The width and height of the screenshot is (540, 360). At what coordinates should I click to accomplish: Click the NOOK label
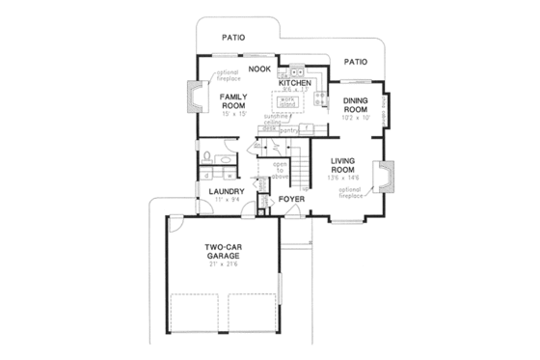258,69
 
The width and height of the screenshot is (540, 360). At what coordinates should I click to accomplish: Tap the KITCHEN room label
295,84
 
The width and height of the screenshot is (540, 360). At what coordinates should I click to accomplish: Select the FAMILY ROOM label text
233,102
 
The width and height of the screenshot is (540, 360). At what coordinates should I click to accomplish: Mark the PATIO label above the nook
231,38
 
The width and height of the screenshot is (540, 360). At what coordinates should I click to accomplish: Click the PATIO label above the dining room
355,62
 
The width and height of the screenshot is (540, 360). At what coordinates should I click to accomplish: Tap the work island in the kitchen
286,101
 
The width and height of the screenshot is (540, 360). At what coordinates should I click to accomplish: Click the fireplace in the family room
193,97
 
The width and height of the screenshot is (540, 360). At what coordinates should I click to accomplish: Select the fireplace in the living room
387,180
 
